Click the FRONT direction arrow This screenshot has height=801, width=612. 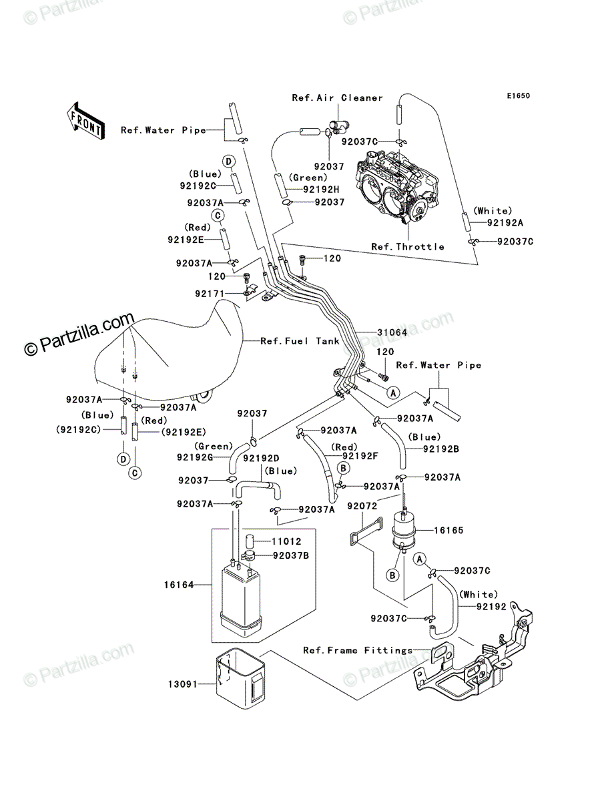pos(85,120)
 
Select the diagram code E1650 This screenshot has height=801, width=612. pos(518,96)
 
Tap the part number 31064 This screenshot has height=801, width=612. pos(392,332)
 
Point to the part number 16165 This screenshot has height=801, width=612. pos(448,530)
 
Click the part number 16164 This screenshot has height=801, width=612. pos(179,585)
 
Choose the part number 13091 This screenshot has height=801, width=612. pos(183,684)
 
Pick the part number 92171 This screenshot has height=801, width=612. pos(210,294)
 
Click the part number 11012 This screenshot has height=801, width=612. pos(286,541)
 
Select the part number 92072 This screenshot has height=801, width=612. pos(362,506)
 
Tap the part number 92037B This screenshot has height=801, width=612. pos(291,555)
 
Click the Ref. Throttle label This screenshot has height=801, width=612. pos(407,247)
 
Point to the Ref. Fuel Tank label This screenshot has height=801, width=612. pos(300,341)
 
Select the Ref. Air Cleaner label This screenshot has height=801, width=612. pos(337,98)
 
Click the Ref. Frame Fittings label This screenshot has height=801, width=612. pos(358,650)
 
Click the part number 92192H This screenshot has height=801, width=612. pos(321,190)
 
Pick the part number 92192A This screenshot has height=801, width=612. pos(505,222)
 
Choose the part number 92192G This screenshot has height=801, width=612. pos(195,457)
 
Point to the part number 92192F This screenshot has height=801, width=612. pos(360,456)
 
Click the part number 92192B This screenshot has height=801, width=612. pos(441,449)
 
